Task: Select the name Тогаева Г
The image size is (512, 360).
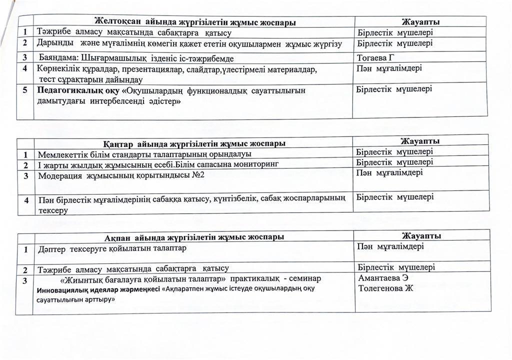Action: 379,57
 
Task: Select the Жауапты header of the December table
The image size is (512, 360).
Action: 420,21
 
